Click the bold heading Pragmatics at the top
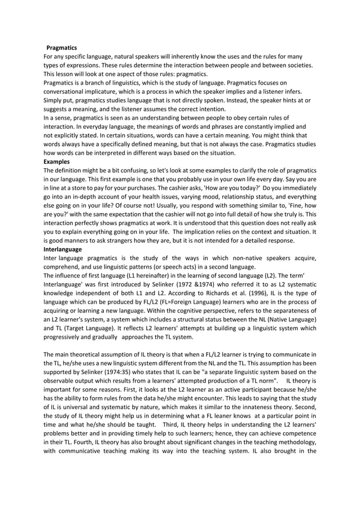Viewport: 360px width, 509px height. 61,48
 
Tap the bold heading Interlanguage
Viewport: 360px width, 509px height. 63,249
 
